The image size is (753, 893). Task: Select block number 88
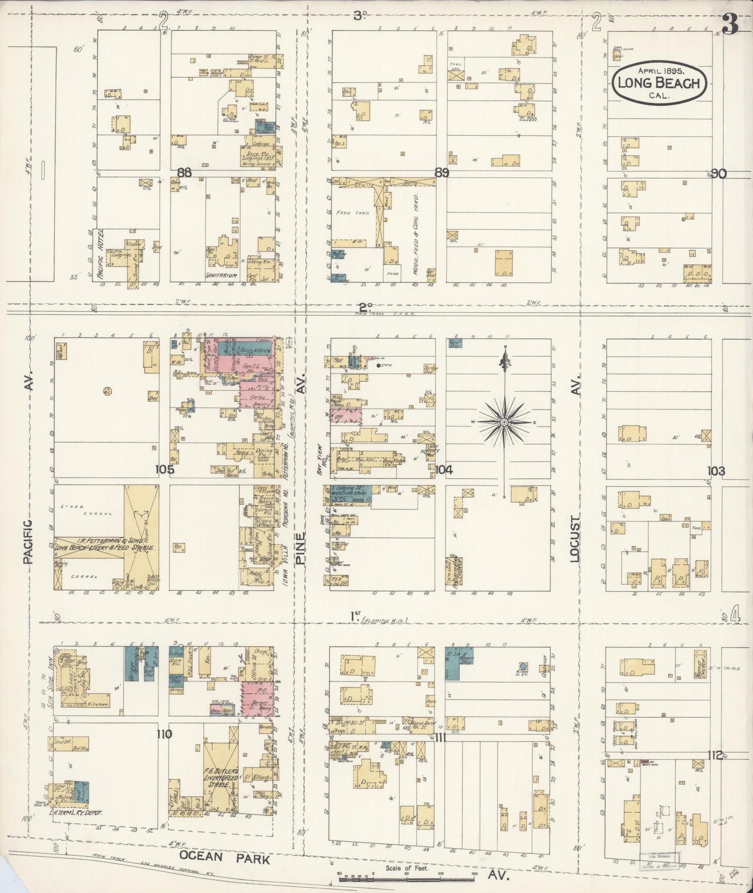tap(184, 172)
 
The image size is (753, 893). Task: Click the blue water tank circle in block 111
tap(523, 666)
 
